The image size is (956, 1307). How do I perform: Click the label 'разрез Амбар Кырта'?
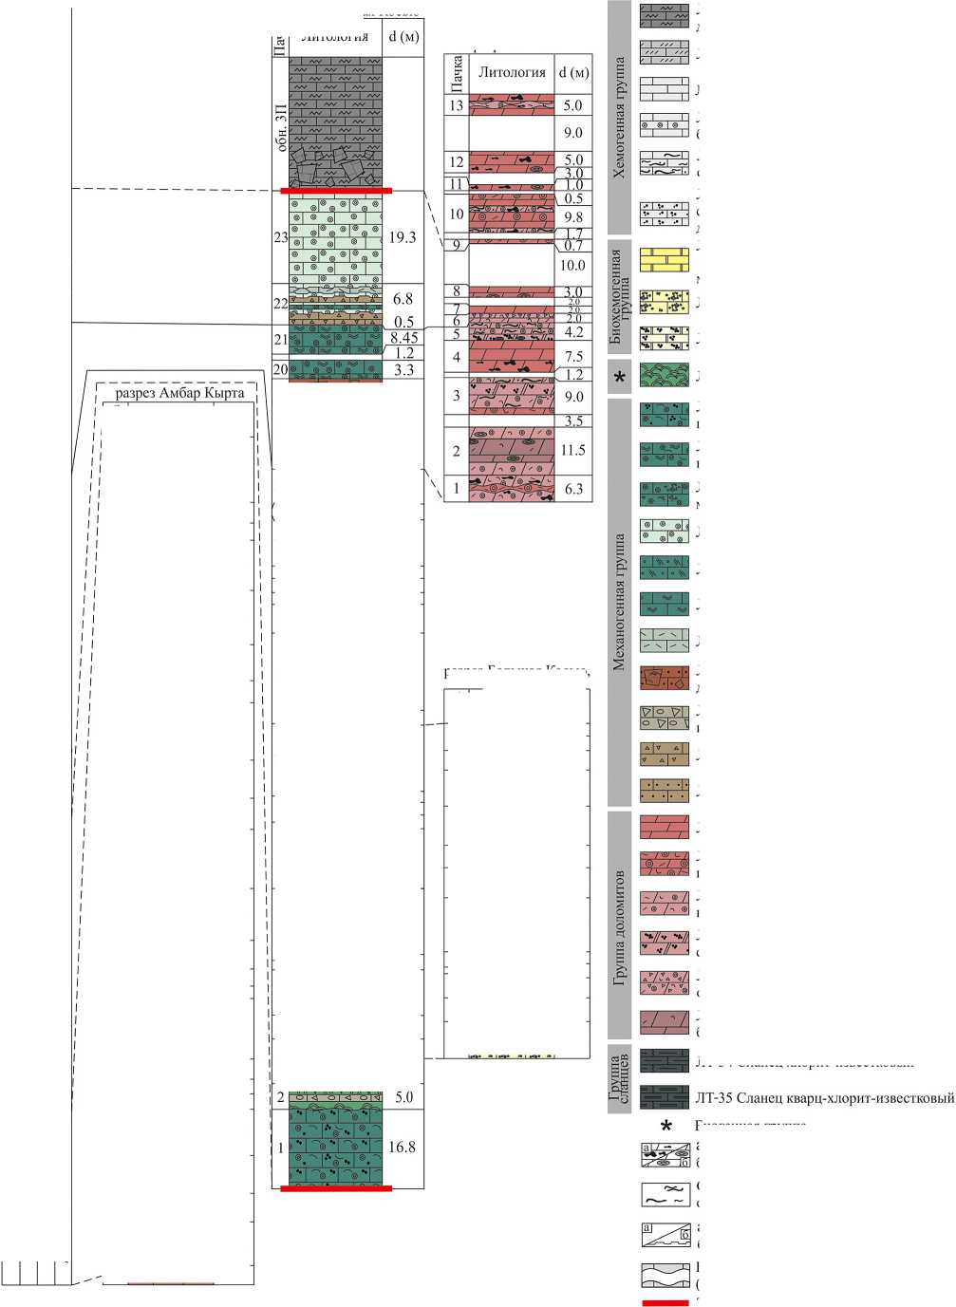(x=179, y=393)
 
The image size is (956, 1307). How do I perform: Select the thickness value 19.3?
(x=403, y=237)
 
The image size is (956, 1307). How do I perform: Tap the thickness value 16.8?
(x=403, y=1147)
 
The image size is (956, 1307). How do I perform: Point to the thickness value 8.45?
(x=403, y=338)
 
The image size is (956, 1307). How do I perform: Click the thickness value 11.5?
(x=572, y=450)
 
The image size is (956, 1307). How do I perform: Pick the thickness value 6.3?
(x=572, y=489)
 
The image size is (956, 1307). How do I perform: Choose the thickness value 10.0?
(x=572, y=265)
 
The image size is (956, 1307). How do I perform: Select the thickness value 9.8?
(x=572, y=217)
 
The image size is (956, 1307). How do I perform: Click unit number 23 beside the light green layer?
(x=280, y=237)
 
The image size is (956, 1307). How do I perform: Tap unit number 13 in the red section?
(x=457, y=105)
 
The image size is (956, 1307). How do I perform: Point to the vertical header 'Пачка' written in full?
(x=457, y=73)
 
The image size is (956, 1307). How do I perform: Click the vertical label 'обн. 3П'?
(x=280, y=128)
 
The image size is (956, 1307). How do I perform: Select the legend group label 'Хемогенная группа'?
(x=619, y=118)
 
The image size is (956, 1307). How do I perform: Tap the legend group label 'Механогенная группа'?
(x=619, y=602)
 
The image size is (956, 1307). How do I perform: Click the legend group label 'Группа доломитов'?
(x=619, y=925)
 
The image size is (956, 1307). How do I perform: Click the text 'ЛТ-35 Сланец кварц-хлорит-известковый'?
(x=824, y=1098)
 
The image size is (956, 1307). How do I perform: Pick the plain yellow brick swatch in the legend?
(x=664, y=260)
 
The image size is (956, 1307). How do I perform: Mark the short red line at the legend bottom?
(x=665, y=1302)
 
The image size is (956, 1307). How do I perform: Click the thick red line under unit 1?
(x=336, y=1187)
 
